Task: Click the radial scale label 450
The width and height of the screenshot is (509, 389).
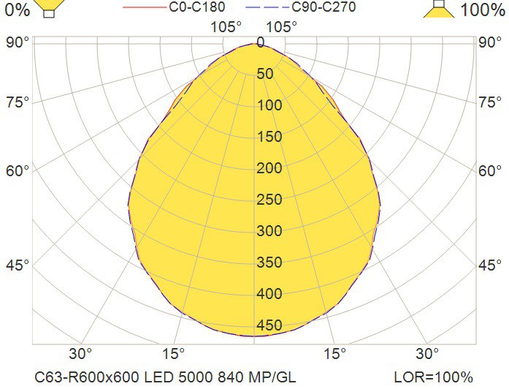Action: click(x=269, y=325)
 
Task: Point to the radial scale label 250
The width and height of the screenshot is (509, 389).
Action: click(x=269, y=200)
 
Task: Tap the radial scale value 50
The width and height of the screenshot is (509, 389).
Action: click(x=265, y=74)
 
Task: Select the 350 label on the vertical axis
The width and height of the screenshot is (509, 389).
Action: click(x=269, y=263)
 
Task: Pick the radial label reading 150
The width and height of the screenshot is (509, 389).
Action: click(x=269, y=137)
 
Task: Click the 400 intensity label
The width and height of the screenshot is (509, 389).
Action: click(x=269, y=294)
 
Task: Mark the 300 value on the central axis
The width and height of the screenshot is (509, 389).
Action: click(x=269, y=231)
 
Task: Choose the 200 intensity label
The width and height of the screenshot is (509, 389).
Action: click(x=269, y=168)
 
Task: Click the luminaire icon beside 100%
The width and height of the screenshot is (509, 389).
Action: click(x=440, y=8)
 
